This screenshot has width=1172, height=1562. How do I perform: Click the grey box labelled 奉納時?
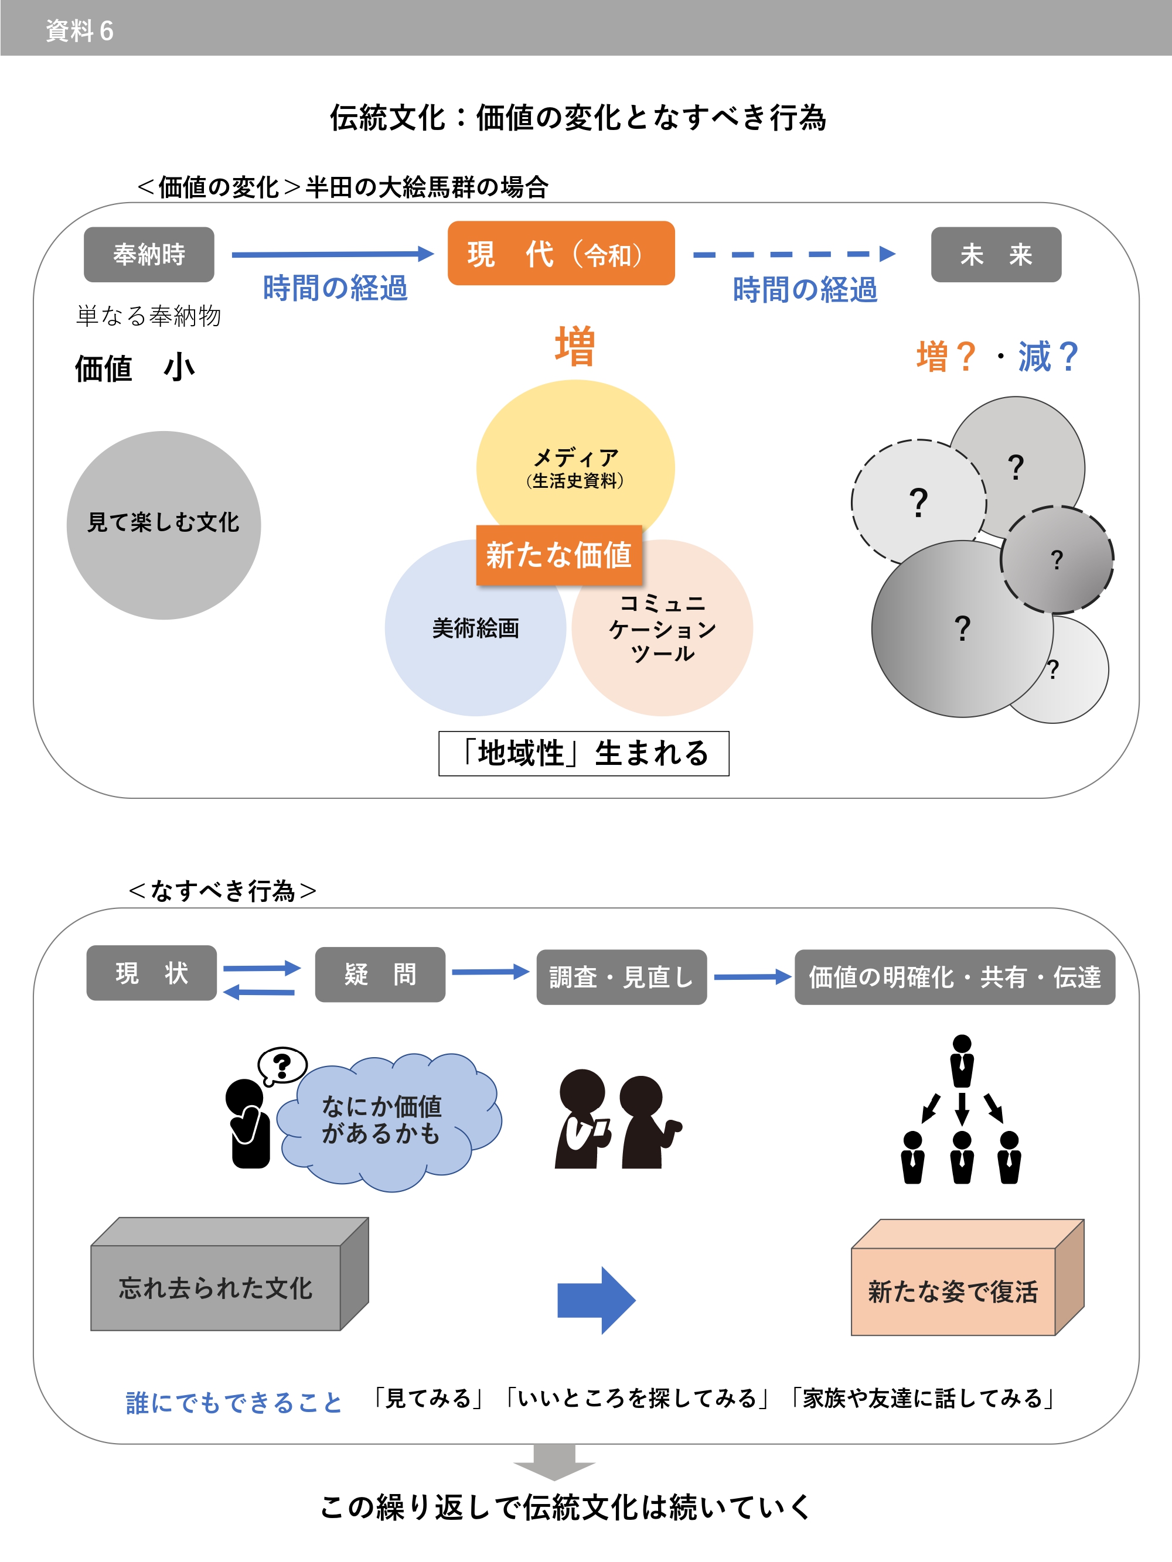pos(148,254)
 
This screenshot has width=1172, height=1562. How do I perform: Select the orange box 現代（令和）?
pos(561,254)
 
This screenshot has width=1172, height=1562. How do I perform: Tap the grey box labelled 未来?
pos(996,254)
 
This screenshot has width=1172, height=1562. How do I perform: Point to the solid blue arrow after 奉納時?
pos(332,254)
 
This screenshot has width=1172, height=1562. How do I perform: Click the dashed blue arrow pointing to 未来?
pos(794,254)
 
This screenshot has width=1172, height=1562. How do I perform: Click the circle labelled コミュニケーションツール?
pos(663,635)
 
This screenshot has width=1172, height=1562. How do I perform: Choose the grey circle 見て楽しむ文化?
pos(163,525)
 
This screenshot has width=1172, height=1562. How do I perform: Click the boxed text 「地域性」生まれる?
pos(584,753)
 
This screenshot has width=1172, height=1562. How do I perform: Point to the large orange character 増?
pos(574,347)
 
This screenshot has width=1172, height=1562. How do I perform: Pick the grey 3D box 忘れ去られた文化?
pos(216,1287)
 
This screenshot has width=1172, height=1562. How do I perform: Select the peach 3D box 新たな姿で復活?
pos(953,1291)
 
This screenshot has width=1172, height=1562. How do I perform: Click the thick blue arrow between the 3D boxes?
pos(596,1299)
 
